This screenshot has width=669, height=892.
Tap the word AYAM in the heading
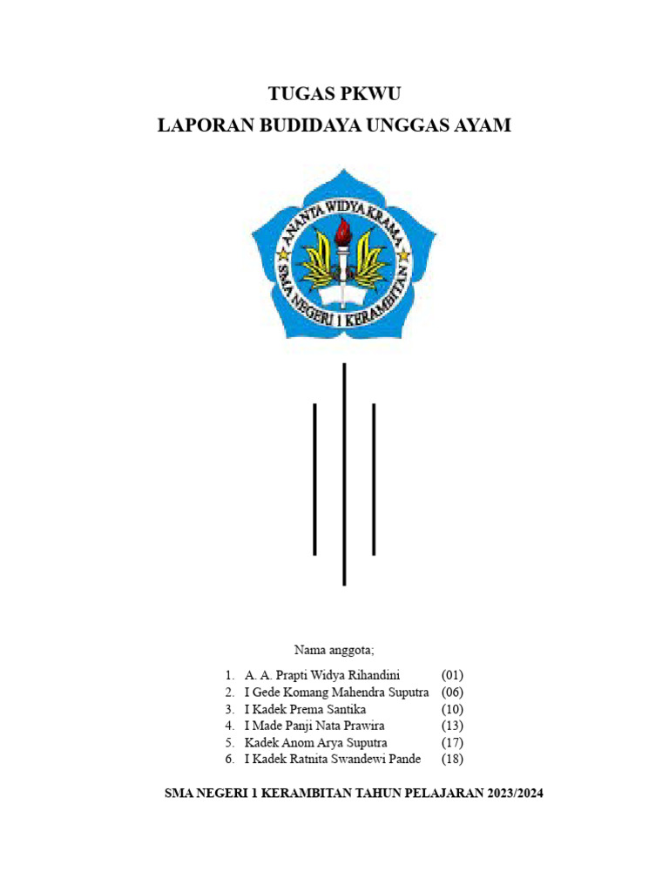[x=483, y=125]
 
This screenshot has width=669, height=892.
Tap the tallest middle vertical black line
[x=345, y=475]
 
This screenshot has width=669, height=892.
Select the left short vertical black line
[x=314, y=479]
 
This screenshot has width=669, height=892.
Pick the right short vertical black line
[x=374, y=479]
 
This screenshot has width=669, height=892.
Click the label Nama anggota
[x=334, y=650]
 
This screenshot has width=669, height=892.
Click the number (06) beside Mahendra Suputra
[x=452, y=692]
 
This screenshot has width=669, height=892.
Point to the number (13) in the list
[x=452, y=726]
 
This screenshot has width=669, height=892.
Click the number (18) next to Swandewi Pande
[x=452, y=759]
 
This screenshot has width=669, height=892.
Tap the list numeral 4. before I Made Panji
[x=229, y=726]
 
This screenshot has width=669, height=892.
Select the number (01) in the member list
[x=452, y=675]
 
